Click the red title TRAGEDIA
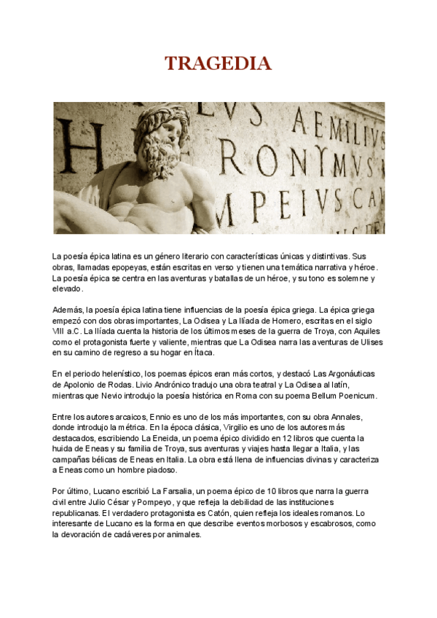pos(218,64)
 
